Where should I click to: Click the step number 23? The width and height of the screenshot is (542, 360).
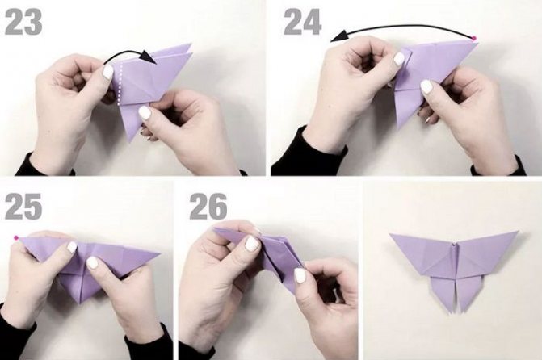coord(23,22)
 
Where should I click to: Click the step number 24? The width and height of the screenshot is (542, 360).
coord(303,22)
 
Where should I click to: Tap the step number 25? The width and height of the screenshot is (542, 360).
coord(23,206)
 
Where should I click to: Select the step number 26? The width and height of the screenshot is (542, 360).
coord(208,206)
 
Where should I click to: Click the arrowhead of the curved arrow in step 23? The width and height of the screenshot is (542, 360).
coord(149,57)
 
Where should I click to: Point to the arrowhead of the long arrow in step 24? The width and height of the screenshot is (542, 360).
coord(338,36)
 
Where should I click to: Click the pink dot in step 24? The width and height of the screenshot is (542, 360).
coord(474,38)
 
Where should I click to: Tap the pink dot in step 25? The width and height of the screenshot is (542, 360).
coord(16,237)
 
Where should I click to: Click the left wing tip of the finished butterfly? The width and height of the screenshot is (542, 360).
coord(391,235)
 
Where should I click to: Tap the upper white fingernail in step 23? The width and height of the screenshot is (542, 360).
coord(108,72)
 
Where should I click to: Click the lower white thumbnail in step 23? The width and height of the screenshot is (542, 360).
coord(145,113)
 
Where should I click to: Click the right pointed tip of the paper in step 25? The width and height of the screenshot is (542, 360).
coord(159,254)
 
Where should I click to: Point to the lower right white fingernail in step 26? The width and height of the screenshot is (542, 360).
coord(300,275)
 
